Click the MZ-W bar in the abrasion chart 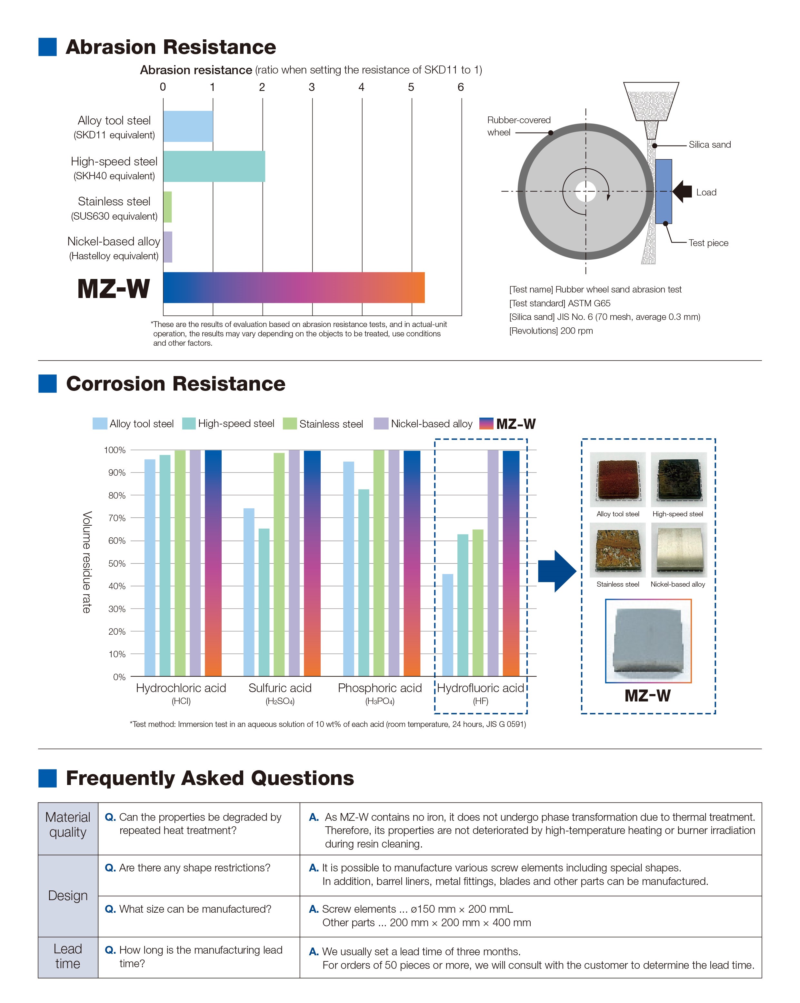coord(293,287)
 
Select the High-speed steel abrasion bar coord(214,166)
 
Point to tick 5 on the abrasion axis coord(411,87)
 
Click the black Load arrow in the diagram coord(682,191)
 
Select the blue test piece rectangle coord(664,191)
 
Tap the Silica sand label coord(709,145)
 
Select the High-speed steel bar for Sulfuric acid coord(264,602)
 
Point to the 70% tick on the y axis coord(117,518)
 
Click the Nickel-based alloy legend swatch coord(381,423)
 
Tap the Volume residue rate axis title coord(86,562)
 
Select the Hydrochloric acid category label coord(181,688)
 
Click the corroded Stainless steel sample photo coord(617,550)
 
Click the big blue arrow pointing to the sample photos coord(556,571)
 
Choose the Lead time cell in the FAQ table coord(68,957)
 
